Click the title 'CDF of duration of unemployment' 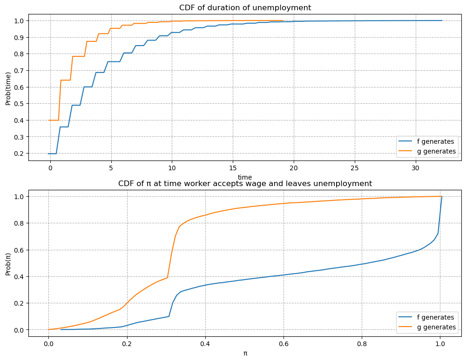point(245,7)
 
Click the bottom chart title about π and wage point(245,183)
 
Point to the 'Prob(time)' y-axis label point(8,87)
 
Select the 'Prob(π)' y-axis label point(8,263)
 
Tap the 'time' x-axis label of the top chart point(245,177)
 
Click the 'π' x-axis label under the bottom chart point(245,353)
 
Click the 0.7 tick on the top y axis point(19,70)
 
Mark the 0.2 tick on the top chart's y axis point(19,153)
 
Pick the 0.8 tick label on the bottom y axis point(19,223)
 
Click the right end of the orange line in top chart point(283,20)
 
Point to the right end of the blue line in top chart point(442,20)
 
